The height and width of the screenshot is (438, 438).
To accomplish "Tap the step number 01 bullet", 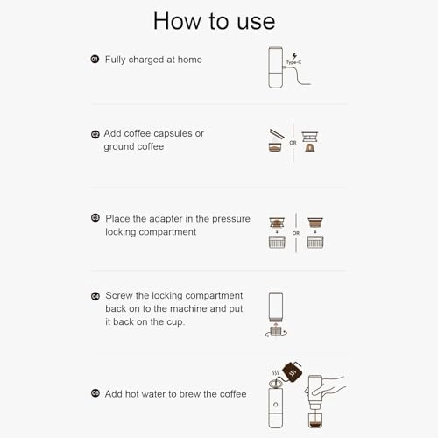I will (x=95, y=60).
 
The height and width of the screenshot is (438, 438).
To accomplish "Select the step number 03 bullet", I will (x=95, y=218).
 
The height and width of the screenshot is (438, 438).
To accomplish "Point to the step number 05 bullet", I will (x=95, y=394).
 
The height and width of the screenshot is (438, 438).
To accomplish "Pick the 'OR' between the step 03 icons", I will (x=296, y=234).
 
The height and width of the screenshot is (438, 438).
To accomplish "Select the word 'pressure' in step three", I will (x=230, y=218).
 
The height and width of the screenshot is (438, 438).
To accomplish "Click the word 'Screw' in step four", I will (x=121, y=296).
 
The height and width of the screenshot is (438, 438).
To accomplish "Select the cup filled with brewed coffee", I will (x=314, y=417).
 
